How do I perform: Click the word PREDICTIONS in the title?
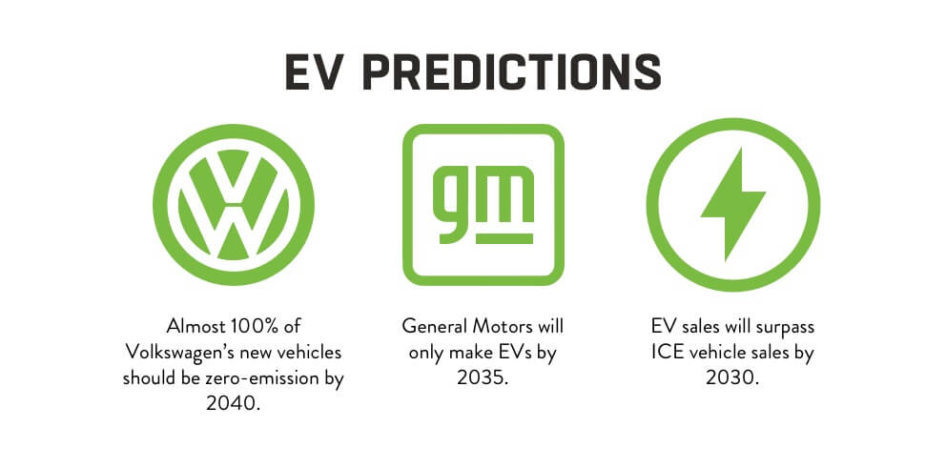point(511,72)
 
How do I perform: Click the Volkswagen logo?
point(234,204)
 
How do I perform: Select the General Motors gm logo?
point(483,204)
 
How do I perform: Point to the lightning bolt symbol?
point(733,204)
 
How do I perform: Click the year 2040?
point(233,403)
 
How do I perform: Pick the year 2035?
point(483,377)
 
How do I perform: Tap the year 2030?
point(733,377)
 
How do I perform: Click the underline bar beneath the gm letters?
point(504,239)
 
